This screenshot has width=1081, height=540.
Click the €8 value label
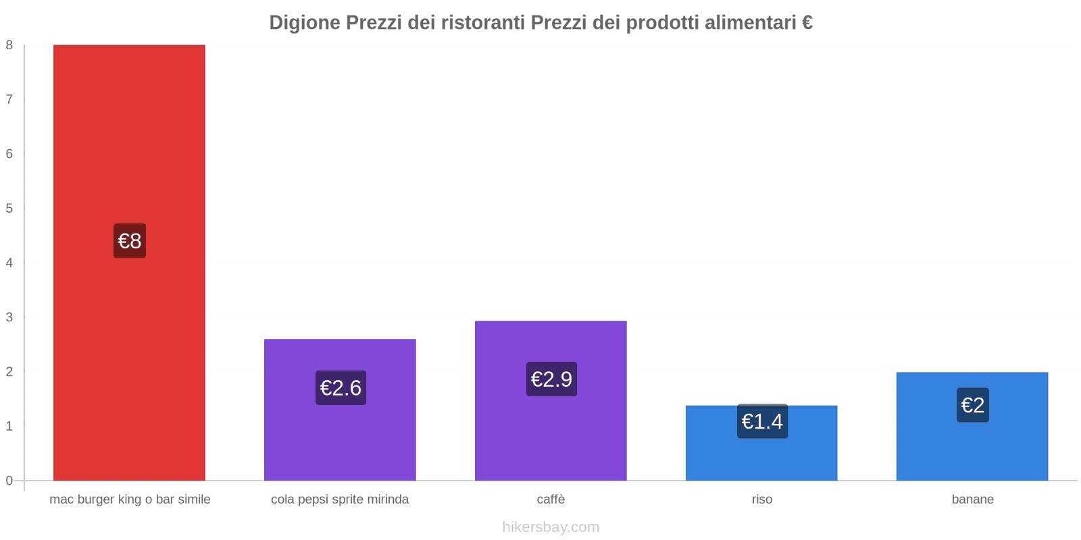pos(130,241)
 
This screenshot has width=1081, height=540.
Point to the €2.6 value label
pos(341,388)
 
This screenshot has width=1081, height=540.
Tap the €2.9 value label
pos(551,379)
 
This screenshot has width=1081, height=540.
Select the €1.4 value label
pos(762,421)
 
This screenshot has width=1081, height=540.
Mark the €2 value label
pos(972,405)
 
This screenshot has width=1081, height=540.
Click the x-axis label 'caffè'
pos(551,500)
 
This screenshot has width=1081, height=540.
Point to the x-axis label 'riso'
pos(761,500)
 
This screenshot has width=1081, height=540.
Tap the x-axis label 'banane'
pos(972,500)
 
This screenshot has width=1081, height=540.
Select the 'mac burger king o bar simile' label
pos(130,500)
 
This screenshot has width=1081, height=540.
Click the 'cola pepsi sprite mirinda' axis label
pos(340,500)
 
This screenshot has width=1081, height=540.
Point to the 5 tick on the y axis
pos(9,209)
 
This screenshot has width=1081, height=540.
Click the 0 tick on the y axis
pos(9,481)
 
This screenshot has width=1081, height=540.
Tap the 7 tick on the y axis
pos(9,100)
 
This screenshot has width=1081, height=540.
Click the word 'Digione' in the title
pos(305,23)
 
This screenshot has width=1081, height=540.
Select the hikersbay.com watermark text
pos(551,527)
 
